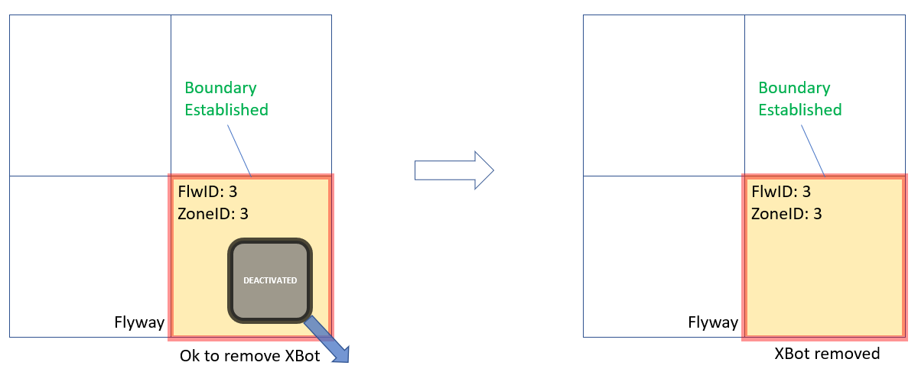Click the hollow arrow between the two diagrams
click(x=454, y=170)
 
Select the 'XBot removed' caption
click(x=827, y=354)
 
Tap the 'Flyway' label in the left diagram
click(x=139, y=322)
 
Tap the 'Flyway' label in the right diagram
click(x=713, y=322)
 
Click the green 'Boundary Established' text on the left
click(x=226, y=99)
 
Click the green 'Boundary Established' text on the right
click(x=800, y=99)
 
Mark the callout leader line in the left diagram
click(x=239, y=150)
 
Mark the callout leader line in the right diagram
click(x=813, y=150)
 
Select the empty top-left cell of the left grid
click(x=90, y=95)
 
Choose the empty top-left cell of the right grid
click(x=663, y=95)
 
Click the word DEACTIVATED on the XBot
click(x=269, y=280)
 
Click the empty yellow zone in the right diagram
click(x=825, y=275)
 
